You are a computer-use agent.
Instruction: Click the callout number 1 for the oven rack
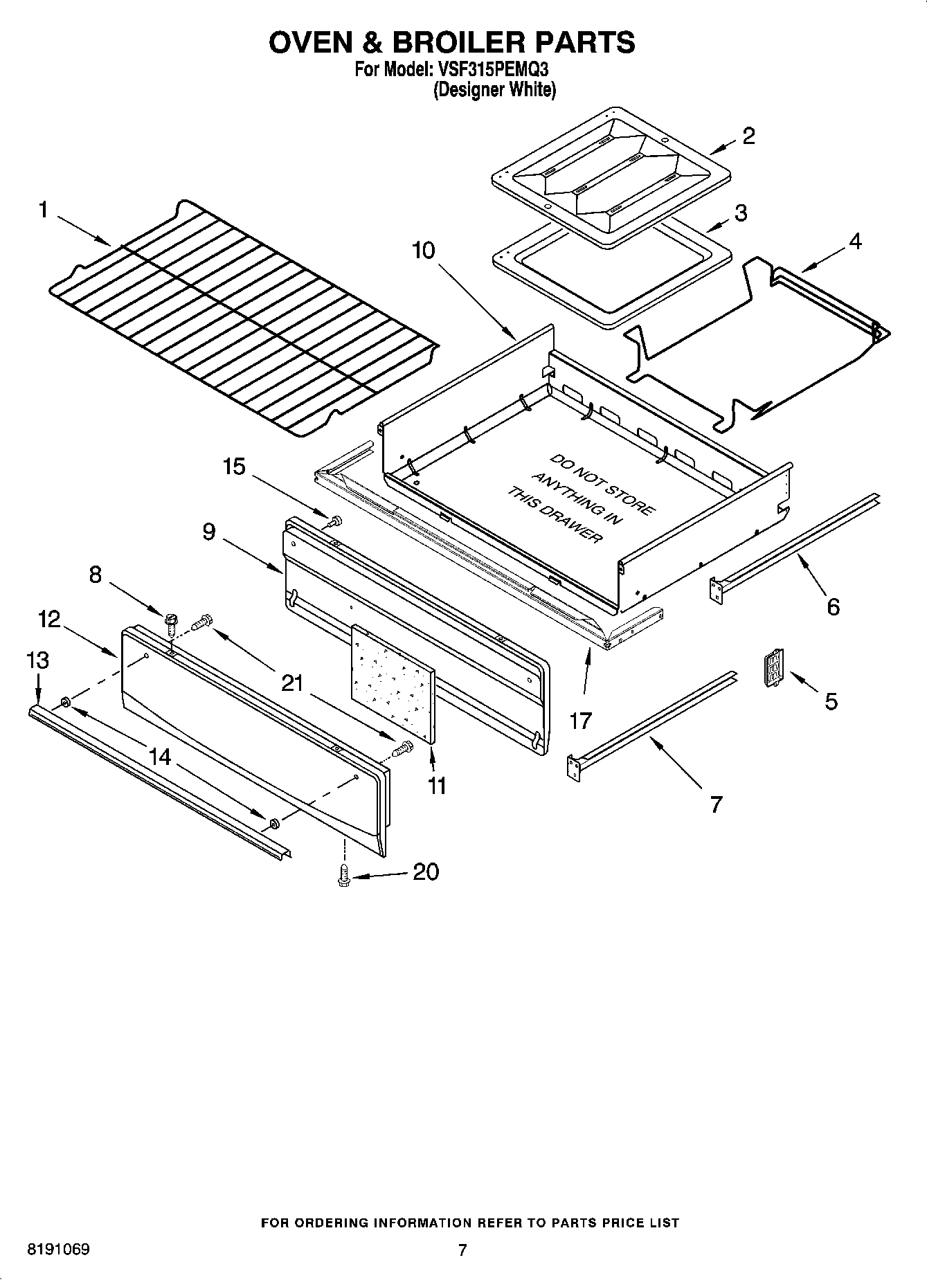(x=44, y=209)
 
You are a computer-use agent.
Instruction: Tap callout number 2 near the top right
(x=748, y=136)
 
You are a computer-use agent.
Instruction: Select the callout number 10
(x=423, y=250)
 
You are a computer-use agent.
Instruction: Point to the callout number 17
(x=580, y=721)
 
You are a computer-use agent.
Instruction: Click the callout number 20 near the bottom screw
(x=426, y=872)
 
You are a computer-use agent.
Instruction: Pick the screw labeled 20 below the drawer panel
(x=343, y=876)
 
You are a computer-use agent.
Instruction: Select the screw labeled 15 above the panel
(x=336, y=521)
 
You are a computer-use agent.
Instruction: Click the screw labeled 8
(x=169, y=618)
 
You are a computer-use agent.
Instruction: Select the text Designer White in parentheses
(x=494, y=90)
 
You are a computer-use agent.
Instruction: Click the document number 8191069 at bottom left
(x=58, y=1250)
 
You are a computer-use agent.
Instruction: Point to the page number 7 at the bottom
(x=462, y=1250)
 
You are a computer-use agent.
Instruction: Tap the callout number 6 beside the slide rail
(x=833, y=606)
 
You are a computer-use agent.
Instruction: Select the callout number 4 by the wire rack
(x=855, y=242)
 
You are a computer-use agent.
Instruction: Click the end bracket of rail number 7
(x=573, y=767)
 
